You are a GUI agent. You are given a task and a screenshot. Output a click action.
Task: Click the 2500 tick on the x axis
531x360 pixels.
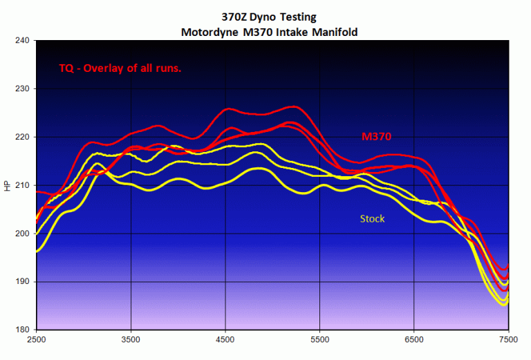point(37,340)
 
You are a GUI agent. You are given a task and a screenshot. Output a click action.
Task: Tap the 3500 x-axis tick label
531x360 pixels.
point(131,340)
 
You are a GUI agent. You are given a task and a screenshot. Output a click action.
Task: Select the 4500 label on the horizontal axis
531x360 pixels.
point(226,340)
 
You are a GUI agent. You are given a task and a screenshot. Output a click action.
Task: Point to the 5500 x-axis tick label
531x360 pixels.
point(320,340)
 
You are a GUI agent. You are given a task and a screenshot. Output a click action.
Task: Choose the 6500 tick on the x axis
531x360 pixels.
point(415,340)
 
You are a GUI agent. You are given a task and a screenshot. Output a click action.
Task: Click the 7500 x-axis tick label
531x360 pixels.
point(509,340)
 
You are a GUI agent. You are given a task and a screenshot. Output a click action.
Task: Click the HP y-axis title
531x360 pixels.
point(8,186)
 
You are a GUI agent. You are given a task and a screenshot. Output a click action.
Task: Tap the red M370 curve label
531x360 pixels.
point(378,137)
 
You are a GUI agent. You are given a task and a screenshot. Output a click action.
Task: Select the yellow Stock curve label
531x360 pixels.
point(372,218)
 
